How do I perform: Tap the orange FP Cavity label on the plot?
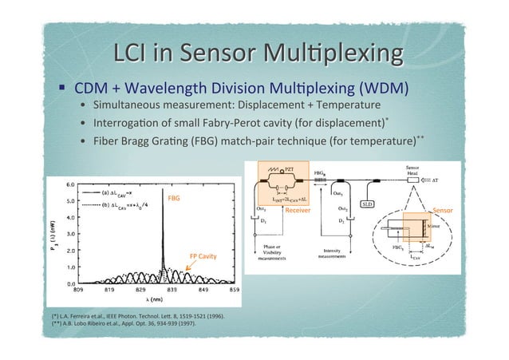pyautogui.click(x=203, y=257)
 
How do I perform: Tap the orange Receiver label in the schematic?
pyautogui.click(x=298, y=212)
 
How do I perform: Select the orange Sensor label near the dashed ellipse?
pyautogui.click(x=442, y=211)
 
